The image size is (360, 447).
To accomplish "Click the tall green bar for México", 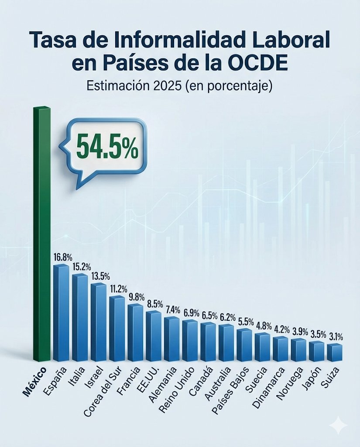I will (x=42, y=236).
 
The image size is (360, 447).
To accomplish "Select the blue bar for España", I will (x=61, y=313).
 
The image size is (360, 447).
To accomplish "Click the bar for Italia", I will (x=80, y=318).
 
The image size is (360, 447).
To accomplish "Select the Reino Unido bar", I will (x=190, y=340).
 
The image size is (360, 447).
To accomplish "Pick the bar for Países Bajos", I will (x=244, y=345).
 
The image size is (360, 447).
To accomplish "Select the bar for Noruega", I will (x=299, y=349).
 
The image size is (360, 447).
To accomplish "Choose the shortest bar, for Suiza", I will (x=335, y=352).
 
